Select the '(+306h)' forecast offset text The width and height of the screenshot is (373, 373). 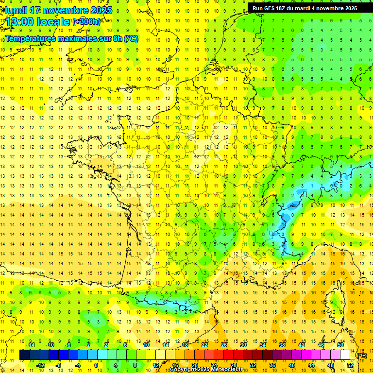click(86, 22)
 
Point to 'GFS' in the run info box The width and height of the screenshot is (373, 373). click(271, 8)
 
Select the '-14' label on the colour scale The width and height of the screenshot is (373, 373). click(31, 345)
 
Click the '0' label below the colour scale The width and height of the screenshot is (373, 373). click(96, 365)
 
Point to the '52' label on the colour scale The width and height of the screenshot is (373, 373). click(350, 365)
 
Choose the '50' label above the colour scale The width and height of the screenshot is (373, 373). click(340, 345)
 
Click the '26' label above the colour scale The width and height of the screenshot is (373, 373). click(224, 345)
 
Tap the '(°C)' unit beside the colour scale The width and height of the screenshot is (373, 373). click(361, 356)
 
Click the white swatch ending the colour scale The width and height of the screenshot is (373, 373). click(345, 355)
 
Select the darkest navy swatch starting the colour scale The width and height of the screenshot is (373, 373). click(24, 355)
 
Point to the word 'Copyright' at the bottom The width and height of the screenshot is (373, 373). click(184, 370)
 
